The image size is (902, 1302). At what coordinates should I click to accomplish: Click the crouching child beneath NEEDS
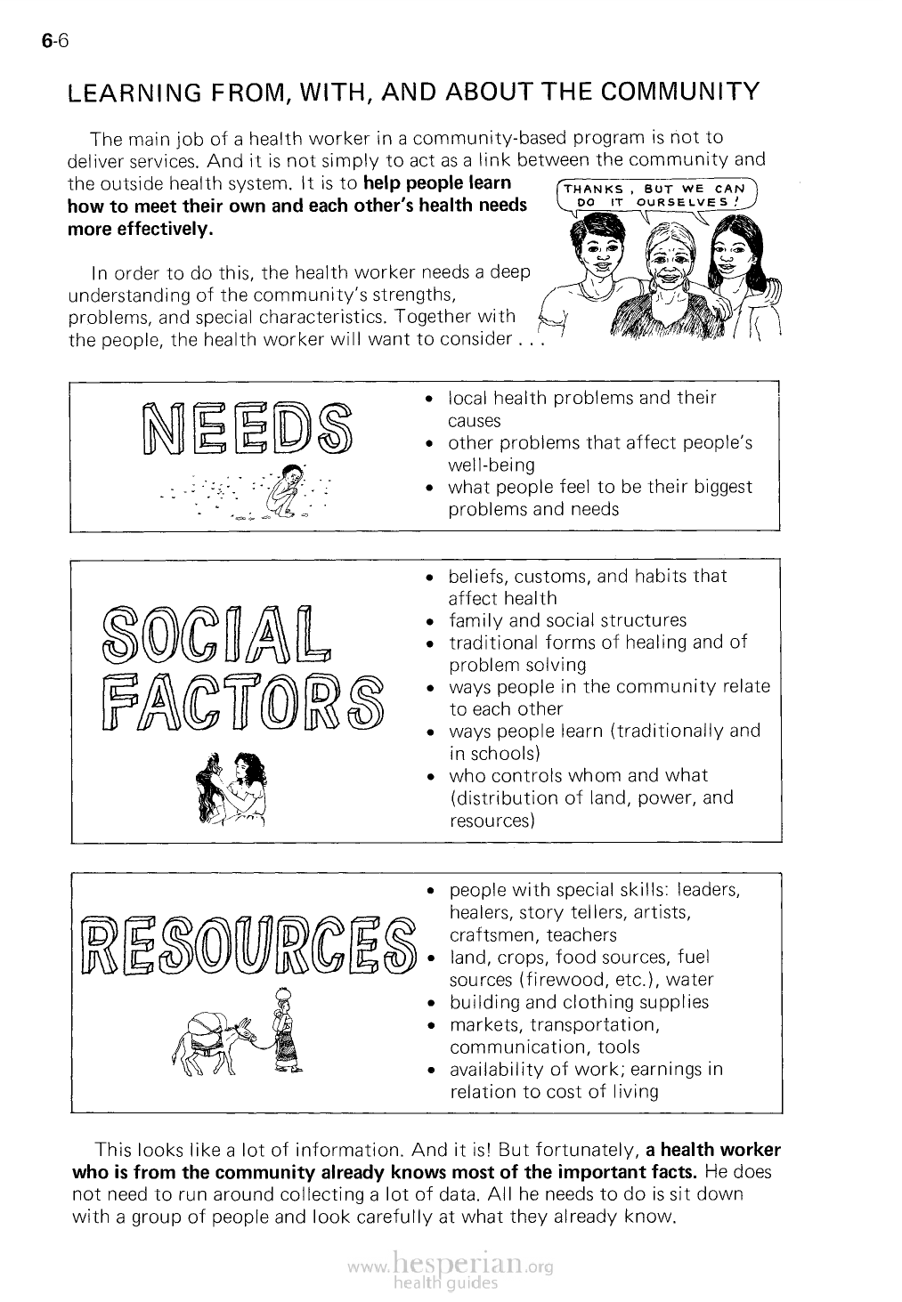click(x=287, y=495)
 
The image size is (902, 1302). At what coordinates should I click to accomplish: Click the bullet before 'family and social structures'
click(x=429, y=621)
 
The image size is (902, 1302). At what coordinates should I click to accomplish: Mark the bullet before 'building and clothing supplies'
click(x=429, y=1003)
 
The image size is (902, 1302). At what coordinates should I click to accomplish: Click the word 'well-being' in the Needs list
click(x=491, y=465)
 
